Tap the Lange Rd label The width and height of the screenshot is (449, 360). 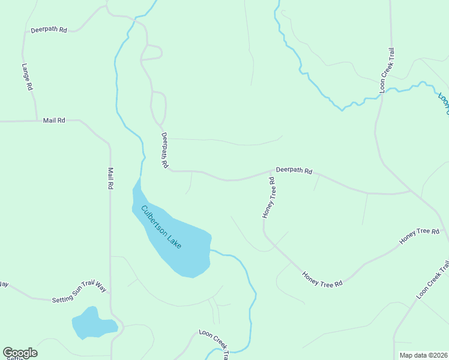tap(26, 77)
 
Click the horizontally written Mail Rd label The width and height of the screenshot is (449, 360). tap(54, 121)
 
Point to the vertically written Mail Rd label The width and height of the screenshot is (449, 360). tap(110, 178)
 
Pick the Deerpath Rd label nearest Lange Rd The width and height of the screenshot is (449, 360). tap(49, 29)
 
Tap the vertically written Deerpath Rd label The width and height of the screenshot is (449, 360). tap(164, 150)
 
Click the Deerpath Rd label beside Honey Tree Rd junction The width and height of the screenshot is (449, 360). tap(294, 171)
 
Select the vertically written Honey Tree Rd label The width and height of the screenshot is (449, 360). tap(268, 197)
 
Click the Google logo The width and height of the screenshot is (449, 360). tap(20, 353)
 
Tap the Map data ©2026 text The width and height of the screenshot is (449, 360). tap(423, 355)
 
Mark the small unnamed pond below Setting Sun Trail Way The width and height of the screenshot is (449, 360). tap(93, 324)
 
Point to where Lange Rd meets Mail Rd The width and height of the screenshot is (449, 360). tap(37, 121)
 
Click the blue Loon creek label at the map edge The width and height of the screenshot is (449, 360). tap(443, 103)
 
